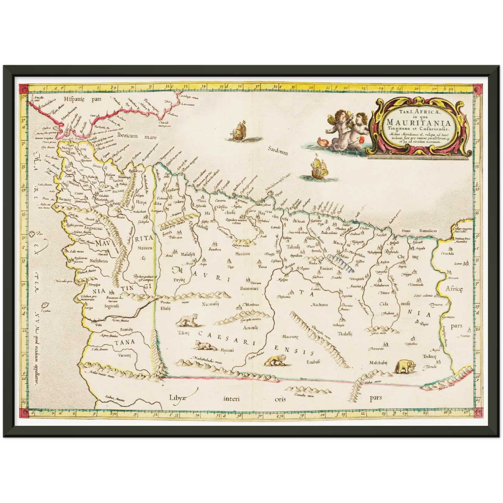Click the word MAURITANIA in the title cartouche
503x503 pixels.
click(x=419, y=123)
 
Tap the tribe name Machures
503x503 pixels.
click(x=320, y=305)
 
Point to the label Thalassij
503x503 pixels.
click(x=345, y=333)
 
